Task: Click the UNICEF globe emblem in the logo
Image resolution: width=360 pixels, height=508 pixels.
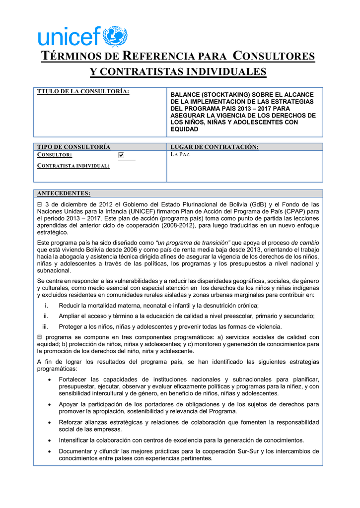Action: (115, 37)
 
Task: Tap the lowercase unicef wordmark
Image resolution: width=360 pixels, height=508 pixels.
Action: (70, 38)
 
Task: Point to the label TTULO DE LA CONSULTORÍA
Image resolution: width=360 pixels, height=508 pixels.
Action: (83, 91)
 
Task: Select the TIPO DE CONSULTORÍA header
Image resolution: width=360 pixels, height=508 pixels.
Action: (74, 147)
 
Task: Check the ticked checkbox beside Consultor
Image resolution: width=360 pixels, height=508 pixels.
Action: (121, 155)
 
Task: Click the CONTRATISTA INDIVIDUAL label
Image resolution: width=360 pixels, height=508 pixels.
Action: (73, 166)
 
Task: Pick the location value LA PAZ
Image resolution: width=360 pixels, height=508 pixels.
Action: (180, 155)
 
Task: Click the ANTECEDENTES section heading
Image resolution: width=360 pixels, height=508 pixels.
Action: (64, 193)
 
